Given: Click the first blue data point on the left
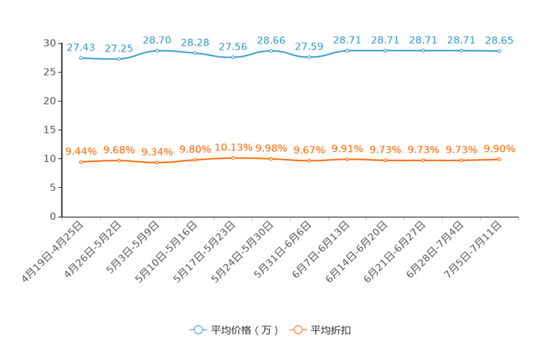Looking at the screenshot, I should click(x=81, y=57).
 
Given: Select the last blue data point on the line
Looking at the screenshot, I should click(x=499, y=52).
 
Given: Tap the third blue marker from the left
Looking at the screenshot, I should click(x=157, y=51).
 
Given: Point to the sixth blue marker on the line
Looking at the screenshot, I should click(x=271, y=52).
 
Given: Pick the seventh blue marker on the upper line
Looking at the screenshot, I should click(x=309, y=57).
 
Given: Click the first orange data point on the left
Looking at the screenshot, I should click(x=81, y=161).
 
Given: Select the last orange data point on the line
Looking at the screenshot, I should click(x=499, y=159).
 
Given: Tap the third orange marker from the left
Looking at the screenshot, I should click(x=157, y=163).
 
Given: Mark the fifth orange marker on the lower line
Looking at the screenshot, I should click(x=233, y=157).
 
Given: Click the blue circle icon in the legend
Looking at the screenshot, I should click(x=197, y=330).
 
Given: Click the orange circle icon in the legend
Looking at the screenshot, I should click(x=297, y=330).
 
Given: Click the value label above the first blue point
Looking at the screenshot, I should click(x=81, y=47).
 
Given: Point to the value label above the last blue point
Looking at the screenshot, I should click(x=499, y=41).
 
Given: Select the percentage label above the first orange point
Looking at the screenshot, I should click(x=81, y=151).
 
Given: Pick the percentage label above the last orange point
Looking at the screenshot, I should click(x=499, y=149).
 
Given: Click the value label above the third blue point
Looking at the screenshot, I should click(x=157, y=40).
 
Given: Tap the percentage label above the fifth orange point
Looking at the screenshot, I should click(x=233, y=147).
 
